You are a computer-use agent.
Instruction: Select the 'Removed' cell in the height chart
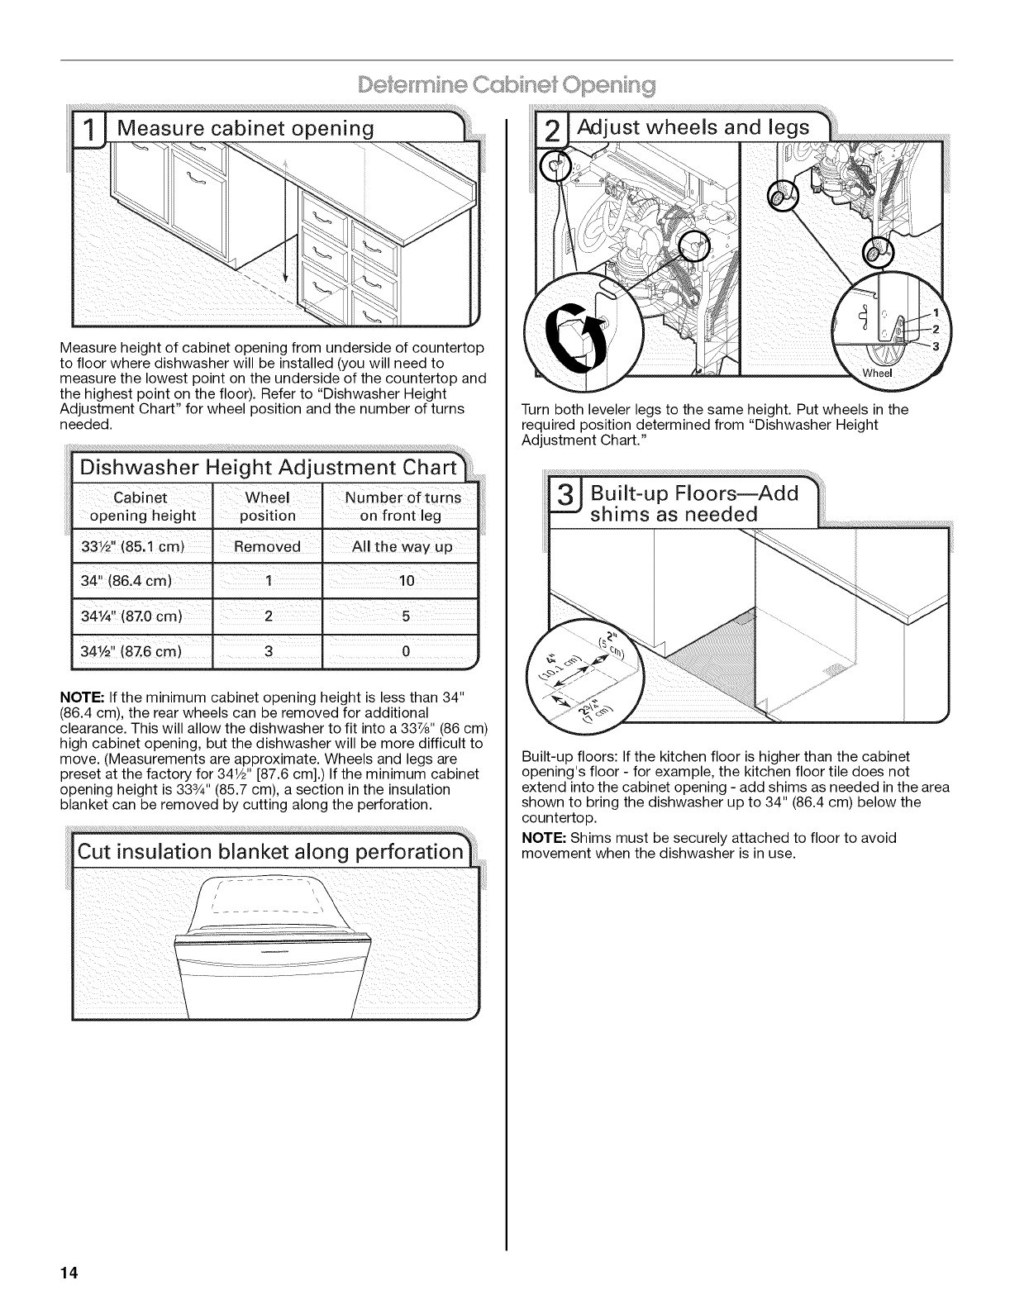point(267,547)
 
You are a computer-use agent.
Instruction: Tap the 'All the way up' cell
point(403,547)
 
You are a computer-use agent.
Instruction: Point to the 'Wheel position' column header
point(267,507)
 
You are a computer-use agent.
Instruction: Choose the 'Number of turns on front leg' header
point(403,507)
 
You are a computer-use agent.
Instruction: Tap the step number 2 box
point(551,130)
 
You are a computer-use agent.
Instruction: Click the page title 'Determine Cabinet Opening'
point(505,85)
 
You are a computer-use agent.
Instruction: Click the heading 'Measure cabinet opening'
point(245,129)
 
